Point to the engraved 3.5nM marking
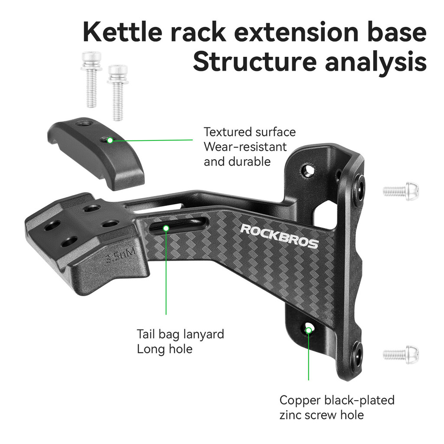click(x=121, y=256)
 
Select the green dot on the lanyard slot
click(x=166, y=228)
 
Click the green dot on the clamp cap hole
click(x=110, y=140)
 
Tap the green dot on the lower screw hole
click(x=309, y=330)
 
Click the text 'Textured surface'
click(x=249, y=132)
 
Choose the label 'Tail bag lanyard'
click(x=180, y=334)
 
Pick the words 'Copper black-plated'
click(x=337, y=400)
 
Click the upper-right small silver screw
click(x=401, y=191)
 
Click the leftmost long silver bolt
click(x=91, y=79)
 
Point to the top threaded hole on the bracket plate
click(x=307, y=170)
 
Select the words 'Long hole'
click(x=164, y=349)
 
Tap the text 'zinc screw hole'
click(x=322, y=415)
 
